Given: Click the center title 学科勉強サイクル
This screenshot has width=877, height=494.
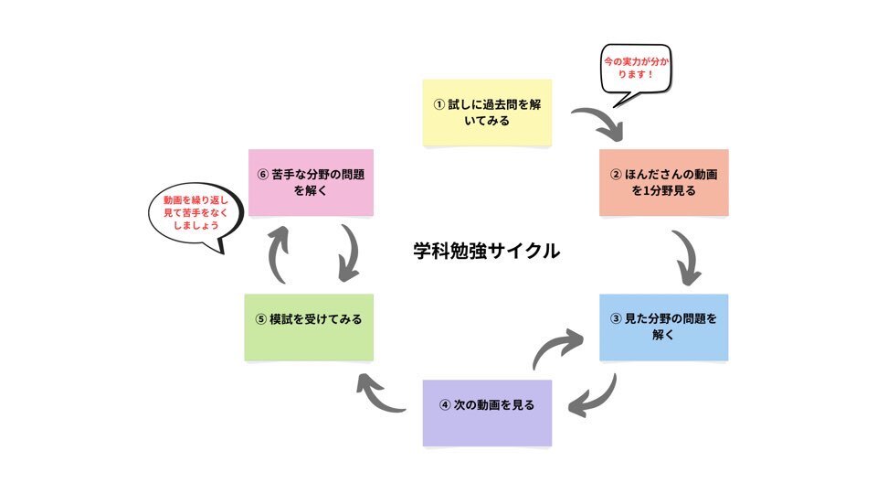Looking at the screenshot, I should [486, 250].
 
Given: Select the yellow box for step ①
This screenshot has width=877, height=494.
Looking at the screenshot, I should [487, 113].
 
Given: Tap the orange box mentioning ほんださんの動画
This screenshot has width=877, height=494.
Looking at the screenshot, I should [663, 182].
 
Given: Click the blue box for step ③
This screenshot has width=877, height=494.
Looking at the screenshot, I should [663, 327].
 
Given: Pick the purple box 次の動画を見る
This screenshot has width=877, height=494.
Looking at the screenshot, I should [487, 405].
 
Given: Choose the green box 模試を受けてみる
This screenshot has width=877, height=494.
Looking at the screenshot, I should [309, 319].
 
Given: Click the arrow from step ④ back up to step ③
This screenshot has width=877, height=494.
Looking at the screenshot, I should [558, 348].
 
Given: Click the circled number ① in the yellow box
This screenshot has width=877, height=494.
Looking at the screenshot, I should [438, 104].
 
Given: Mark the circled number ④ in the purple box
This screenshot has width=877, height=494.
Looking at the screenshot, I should [446, 405].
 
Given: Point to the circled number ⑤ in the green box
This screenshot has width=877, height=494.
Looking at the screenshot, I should [261, 319].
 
